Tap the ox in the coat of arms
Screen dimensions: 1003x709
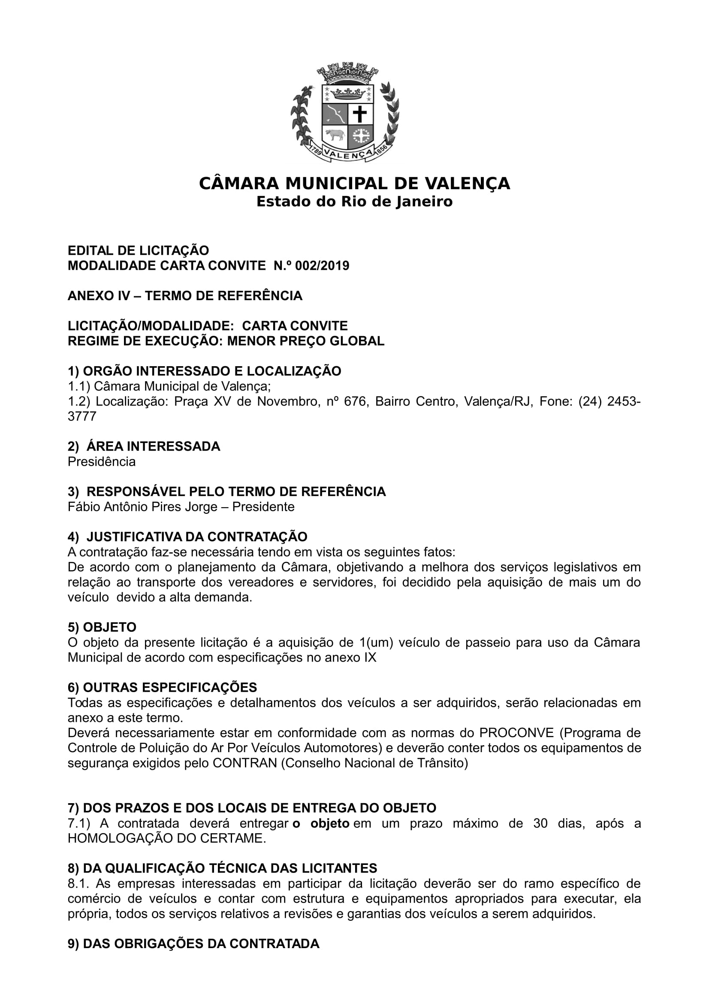(334, 136)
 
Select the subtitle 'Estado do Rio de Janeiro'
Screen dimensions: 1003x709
(354, 202)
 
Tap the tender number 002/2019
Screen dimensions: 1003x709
(322, 265)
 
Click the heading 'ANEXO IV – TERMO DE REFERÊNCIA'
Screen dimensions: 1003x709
(185, 296)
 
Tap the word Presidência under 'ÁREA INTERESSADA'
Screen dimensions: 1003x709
(101, 462)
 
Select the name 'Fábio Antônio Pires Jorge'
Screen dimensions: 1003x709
(142, 507)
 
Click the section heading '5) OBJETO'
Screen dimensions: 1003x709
(102, 627)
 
